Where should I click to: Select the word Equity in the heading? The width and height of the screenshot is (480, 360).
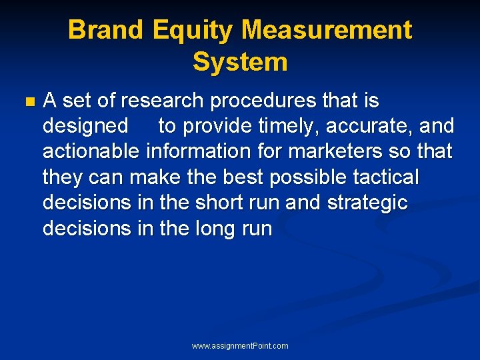[x=193, y=30]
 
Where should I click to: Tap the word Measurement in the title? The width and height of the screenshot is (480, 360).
[x=327, y=30]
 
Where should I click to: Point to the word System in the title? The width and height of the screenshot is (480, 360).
[x=240, y=62]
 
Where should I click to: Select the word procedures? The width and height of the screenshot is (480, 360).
[x=259, y=101]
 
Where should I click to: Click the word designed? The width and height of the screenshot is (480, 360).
[x=85, y=126]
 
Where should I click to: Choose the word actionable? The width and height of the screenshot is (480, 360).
[x=91, y=151]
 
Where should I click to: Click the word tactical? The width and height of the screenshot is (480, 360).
[x=391, y=177]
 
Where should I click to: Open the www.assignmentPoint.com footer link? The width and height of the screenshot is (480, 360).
[x=240, y=346]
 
